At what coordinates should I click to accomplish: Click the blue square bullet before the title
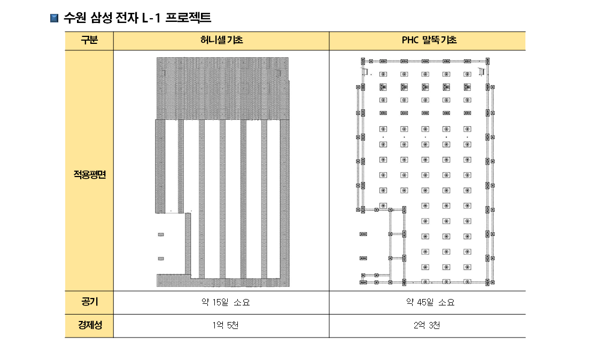pyautogui.click(x=55, y=18)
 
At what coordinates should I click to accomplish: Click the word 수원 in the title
pyautogui.click(x=75, y=18)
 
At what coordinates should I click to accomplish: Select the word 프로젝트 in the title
pyautogui.click(x=188, y=18)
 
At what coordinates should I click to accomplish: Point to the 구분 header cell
pyautogui.click(x=89, y=40)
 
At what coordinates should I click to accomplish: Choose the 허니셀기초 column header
pyautogui.click(x=221, y=40)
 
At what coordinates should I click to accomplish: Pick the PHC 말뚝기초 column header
pyautogui.click(x=428, y=40)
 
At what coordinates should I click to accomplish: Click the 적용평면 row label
pyautogui.click(x=89, y=174)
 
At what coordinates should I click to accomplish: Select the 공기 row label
pyautogui.click(x=89, y=302)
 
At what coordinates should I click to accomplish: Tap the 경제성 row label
pyautogui.click(x=89, y=325)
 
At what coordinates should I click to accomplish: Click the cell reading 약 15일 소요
pyautogui.click(x=226, y=302)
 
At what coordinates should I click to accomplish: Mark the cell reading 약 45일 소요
pyautogui.click(x=430, y=302)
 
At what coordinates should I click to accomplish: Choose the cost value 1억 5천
pyautogui.click(x=225, y=325)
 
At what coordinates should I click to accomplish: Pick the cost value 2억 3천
pyautogui.click(x=427, y=325)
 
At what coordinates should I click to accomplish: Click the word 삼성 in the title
pyautogui.click(x=101, y=18)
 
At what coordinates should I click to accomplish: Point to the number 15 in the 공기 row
pyautogui.click(x=217, y=302)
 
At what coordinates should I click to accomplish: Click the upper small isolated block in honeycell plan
pyautogui.click(x=161, y=234)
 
